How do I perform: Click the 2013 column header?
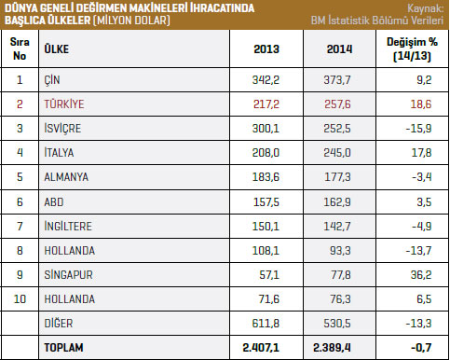266,49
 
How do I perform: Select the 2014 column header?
339,49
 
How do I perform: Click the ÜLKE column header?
57,48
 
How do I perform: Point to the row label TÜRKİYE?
64,104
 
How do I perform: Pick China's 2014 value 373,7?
337,80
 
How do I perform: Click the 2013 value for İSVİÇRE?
266,128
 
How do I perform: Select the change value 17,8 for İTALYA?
421,152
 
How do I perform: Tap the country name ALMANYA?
66,177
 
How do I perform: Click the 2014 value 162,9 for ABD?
337,202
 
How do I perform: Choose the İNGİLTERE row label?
68,226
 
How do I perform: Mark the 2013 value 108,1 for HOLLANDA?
266,250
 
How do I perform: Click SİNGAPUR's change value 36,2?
421,274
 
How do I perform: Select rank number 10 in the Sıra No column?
20,298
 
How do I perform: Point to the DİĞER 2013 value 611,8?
266,323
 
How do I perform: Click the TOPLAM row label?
63,347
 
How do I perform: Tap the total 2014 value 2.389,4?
332,347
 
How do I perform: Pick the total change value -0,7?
421,347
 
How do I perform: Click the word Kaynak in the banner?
425,8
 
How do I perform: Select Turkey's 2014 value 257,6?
337,104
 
